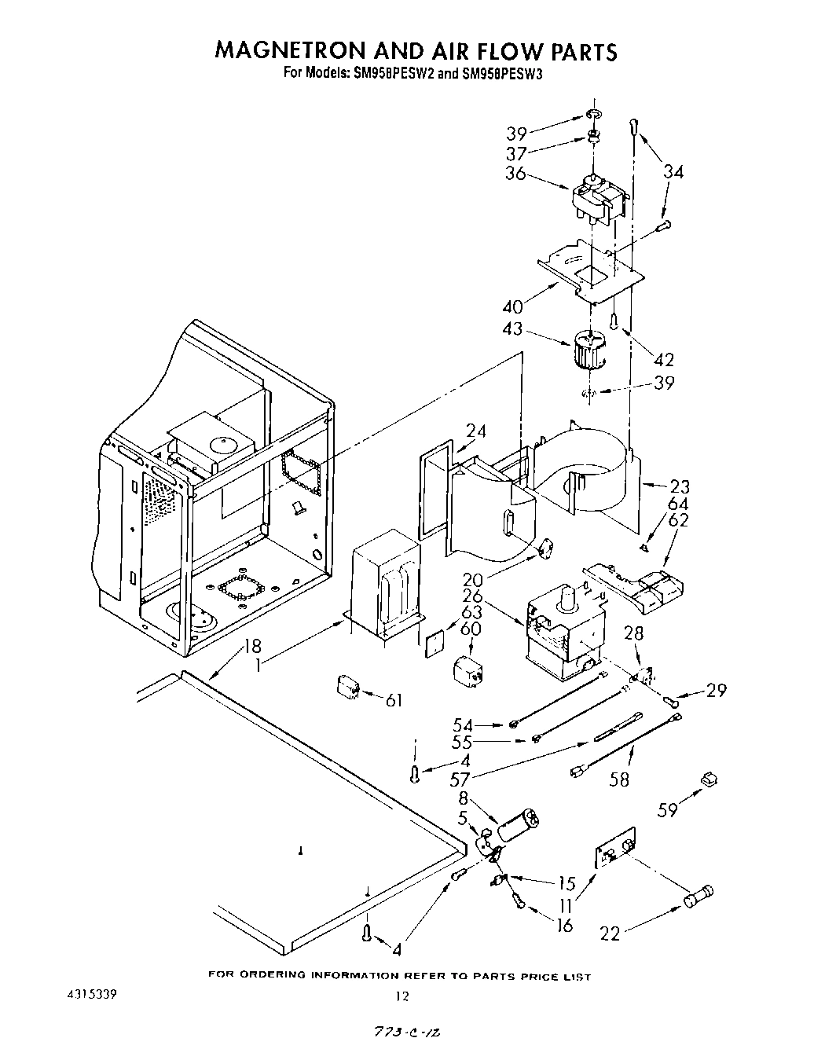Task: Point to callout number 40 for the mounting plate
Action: click(x=512, y=306)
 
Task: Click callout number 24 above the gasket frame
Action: click(x=476, y=431)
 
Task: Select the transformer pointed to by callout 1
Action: click(x=385, y=582)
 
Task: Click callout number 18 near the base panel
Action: click(x=251, y=646)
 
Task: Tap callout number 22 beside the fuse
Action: click(x=610, y=933)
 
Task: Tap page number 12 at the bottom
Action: click(x=401, y=996)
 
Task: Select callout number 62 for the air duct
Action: click(x=678, y=519)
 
